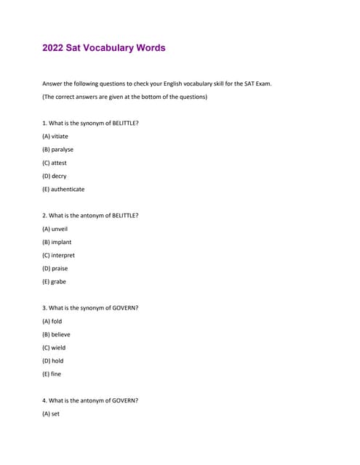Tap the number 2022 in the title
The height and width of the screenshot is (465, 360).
[53, 48]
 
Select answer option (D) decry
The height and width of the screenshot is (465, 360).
[55, 176]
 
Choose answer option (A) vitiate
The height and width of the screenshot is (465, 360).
[55, 136]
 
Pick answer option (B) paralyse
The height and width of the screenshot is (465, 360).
[57, 150]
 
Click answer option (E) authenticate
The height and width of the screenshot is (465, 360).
[63, 189]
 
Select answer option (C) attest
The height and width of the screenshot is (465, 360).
[55, 163]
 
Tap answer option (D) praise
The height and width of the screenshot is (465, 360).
[56, 268]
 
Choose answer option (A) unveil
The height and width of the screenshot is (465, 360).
[55, 229]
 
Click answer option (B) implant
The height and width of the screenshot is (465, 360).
[57, 242]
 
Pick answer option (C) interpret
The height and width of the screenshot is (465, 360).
[58, 255]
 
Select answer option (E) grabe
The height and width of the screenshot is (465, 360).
[55, 281]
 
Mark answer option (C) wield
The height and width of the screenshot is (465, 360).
[54, 347]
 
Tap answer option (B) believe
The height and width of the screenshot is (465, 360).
[56, 334]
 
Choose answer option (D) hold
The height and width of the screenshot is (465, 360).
[53, 360]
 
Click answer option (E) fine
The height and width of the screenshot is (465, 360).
[52, 374]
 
